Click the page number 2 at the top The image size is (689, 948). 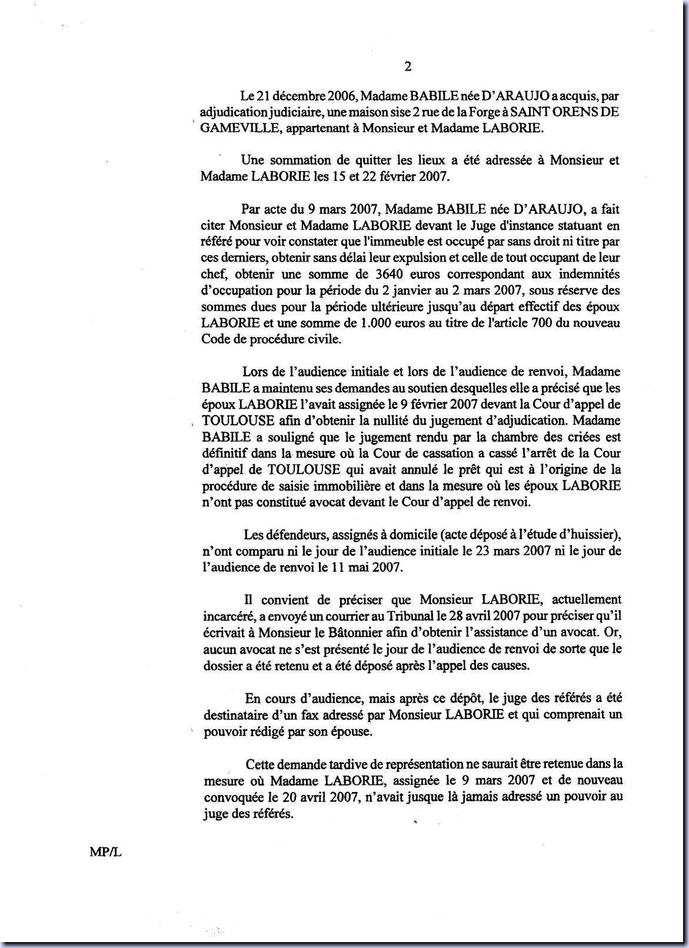coord(407,67)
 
